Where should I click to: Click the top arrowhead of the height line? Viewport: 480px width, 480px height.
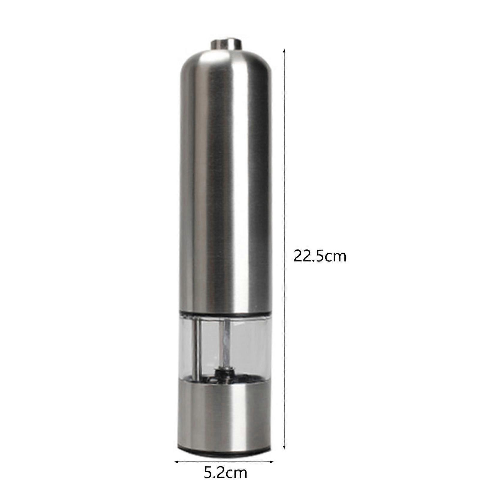[284, 51]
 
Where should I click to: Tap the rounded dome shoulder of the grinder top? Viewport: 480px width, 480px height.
[225, 64]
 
